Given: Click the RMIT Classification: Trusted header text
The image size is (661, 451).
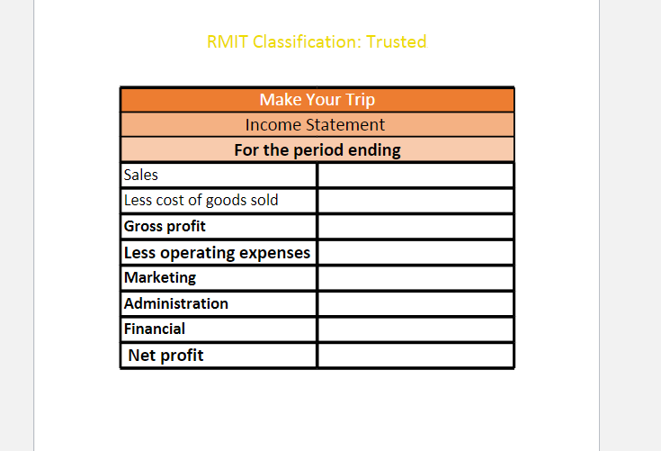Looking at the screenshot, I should (x=317, y=41).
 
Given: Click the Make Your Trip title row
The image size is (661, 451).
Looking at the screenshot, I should (x=317, y=99).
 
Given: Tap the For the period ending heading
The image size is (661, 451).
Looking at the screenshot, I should (x=317, y=149).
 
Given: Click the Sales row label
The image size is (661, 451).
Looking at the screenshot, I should (x=141, y=175).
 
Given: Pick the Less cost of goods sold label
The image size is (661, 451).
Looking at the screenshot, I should (x=201, y=200).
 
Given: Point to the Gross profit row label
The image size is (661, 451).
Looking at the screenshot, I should (x=165, y=226).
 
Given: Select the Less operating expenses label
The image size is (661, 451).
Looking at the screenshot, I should (x=217, y=252).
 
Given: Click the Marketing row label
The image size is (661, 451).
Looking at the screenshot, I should (x=160, y=277).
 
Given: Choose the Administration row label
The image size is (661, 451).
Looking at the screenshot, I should (x=176, y=303).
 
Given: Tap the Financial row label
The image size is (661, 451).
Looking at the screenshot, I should (x=155, y=329).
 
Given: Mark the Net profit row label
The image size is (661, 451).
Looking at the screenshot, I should (x=165, y=355).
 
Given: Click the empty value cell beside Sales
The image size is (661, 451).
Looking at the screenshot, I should (x=415, y=175).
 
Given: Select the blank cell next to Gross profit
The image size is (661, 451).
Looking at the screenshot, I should (x=415, y=226).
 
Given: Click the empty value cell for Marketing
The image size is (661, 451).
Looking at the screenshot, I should (x=415, y=277).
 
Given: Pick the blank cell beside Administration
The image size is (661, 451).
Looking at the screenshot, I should (x=415, y=303).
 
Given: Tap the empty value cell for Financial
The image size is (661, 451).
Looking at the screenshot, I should (x=415, y=329).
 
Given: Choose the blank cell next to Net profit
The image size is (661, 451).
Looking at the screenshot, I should (x=415, y=355).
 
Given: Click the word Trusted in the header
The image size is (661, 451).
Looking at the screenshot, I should (x=397, y=41).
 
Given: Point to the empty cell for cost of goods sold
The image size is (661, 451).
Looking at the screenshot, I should (x=415, y=200).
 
